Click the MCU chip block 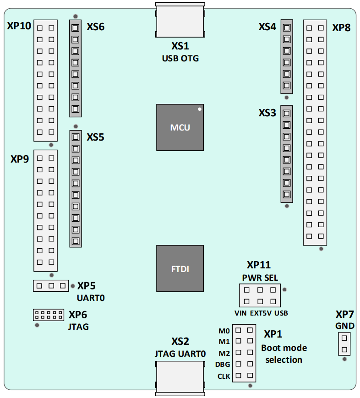(x=180, y=127)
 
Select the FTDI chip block (x=180, y=268)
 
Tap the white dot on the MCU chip (x=200, y=109)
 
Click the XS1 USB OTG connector (x=180, y=20)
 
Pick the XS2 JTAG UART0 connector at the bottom (x=180, y=378)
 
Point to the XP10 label (x=19, y=26)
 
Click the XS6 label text (x=95, y=27)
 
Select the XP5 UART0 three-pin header (x=51, y=286)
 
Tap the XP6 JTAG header (x=49, y=315)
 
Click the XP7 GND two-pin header (x=344, y=344)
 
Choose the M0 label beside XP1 (x=224, y=331)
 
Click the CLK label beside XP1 (x=224, y=376)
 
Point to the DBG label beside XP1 (x=223, y=365)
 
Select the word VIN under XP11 (x=240, y=313)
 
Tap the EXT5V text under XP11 (x=261, y=313)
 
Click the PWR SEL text (x=260, y=278)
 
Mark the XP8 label (x=342, y=27)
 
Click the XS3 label (x=267, y=113)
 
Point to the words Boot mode (x=284, y=348)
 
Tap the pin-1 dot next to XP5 (x=73, y=286)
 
